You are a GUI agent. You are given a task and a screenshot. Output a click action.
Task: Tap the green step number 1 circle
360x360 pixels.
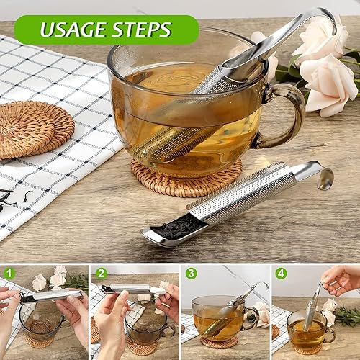tap(9, 274)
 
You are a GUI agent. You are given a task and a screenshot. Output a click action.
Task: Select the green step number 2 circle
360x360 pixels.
tap(101, 274)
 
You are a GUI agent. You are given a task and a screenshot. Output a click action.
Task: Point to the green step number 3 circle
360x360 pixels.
tap(192, 274)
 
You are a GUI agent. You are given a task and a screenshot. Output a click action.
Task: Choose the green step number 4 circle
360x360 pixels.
tap(282, 274)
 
